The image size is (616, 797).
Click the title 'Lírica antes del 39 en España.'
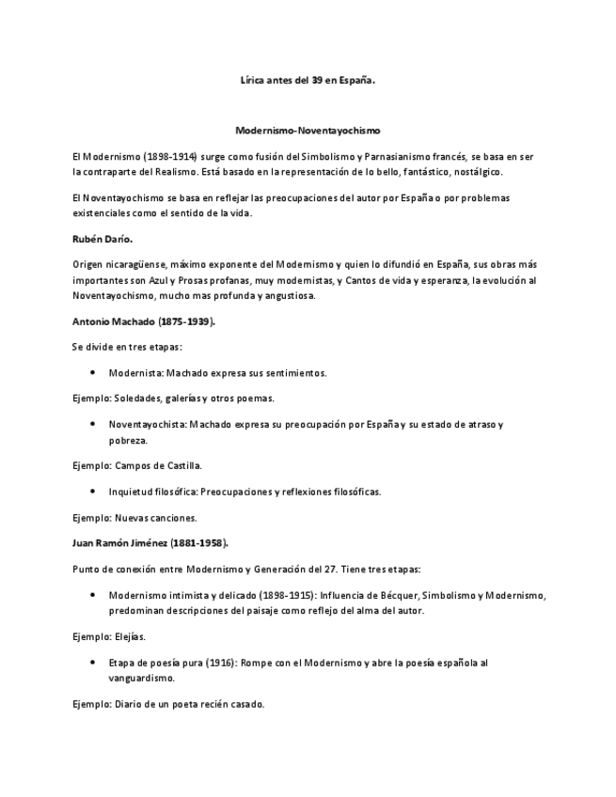click(308, 81)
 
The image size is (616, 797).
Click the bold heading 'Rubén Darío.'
click(102, 240)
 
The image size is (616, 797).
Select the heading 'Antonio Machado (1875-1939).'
click(144, 321)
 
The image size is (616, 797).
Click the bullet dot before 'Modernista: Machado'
click(92, 373)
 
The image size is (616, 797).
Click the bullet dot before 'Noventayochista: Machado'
click(92, 425)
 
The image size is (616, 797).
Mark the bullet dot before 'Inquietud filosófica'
click(92, 492)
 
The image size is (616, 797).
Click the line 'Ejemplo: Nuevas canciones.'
click(134, 518)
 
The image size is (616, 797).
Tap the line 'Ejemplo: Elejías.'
click(109, 636)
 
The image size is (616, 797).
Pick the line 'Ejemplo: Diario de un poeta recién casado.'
click(168, 704)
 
